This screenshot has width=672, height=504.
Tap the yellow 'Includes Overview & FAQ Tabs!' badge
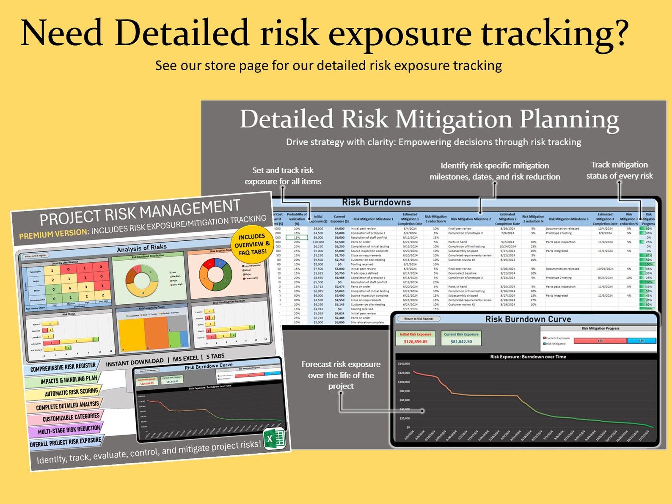252,244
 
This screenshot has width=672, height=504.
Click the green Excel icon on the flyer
274,439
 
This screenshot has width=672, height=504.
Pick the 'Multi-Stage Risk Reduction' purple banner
69,430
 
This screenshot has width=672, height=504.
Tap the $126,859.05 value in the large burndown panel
415,342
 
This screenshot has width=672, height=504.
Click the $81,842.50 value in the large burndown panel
461,342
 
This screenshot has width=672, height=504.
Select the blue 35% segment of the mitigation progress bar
641,341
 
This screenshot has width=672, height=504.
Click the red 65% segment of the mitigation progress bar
600,341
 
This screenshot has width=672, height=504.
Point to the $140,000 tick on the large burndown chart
404,364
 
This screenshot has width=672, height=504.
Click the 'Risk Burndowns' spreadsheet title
376,202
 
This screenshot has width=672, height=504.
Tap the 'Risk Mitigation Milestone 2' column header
471,219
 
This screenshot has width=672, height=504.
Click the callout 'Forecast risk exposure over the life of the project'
341,375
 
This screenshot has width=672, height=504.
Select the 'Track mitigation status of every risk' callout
619,170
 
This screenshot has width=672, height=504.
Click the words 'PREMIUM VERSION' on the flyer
53,234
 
